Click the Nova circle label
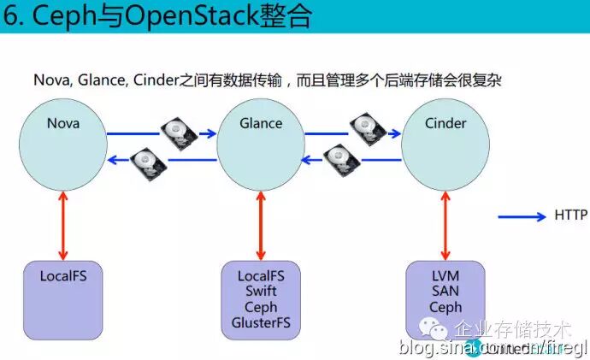click(63, 123)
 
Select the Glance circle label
click(261, 123)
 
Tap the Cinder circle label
click(445, 123)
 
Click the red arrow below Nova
click(63, 226)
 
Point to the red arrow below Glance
click(261, 226)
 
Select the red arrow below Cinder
click(445, 226)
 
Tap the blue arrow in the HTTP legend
click(521, 216)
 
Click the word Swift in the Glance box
click(261, 292)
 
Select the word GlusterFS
click(261, 322)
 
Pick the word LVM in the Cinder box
click(445, 276)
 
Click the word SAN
click(445, 292)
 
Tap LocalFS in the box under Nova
click(63, 276)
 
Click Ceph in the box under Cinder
click(445, 307)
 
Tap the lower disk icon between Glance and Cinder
click(339, 159)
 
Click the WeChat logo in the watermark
click(439, 329)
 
